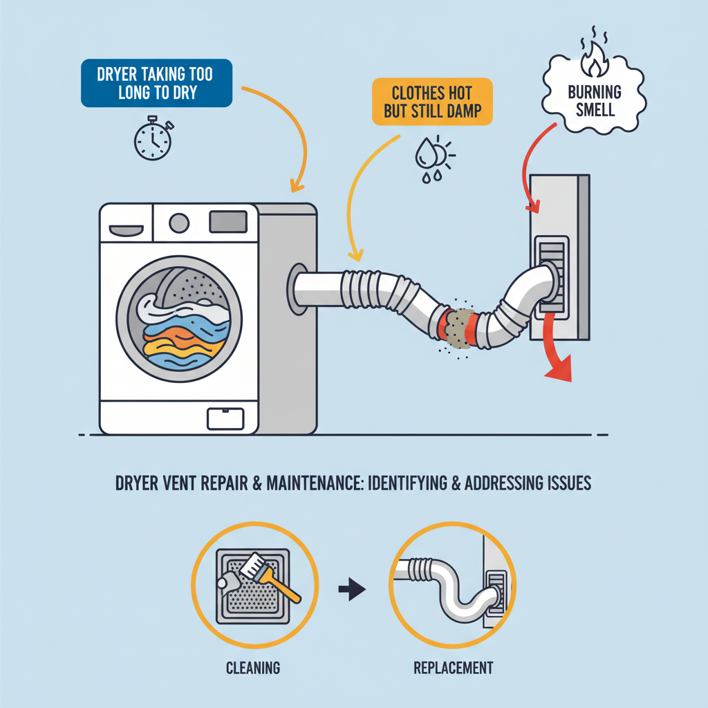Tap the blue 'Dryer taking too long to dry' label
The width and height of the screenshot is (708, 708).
pyautogui.click(x=156, y=84)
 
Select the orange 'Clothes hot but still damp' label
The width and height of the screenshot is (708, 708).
pyautogui.click(x=433, y=102)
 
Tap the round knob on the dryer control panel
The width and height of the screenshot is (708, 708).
pyautogui.click(x=179, y=222)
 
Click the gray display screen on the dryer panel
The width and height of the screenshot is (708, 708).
pyautogui.click(x=227, y=221)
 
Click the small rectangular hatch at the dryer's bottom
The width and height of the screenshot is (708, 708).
pyautogui.click(x=225, y=417)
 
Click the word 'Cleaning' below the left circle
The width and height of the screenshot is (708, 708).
pyautogui.click(x=252, y=668)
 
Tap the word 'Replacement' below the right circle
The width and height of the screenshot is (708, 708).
pyautogui.click(x=453, y=668)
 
